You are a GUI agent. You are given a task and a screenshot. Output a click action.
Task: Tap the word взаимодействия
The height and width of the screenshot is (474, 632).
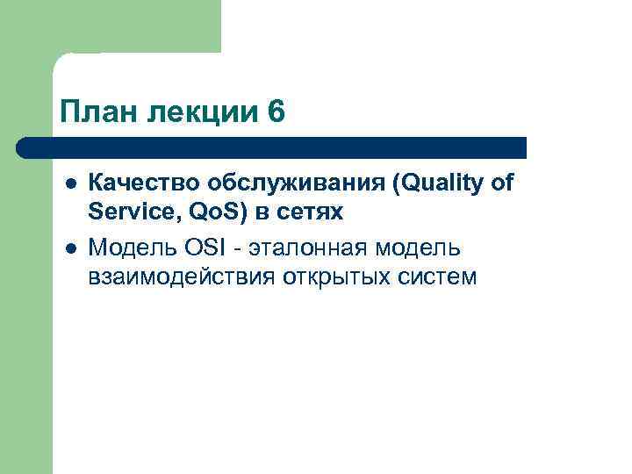tap(182, 277)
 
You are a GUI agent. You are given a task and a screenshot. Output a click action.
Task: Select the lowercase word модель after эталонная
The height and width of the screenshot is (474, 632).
tap(423, 249)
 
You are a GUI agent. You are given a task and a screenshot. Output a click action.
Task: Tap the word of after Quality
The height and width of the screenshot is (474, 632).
tap(501, 183)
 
